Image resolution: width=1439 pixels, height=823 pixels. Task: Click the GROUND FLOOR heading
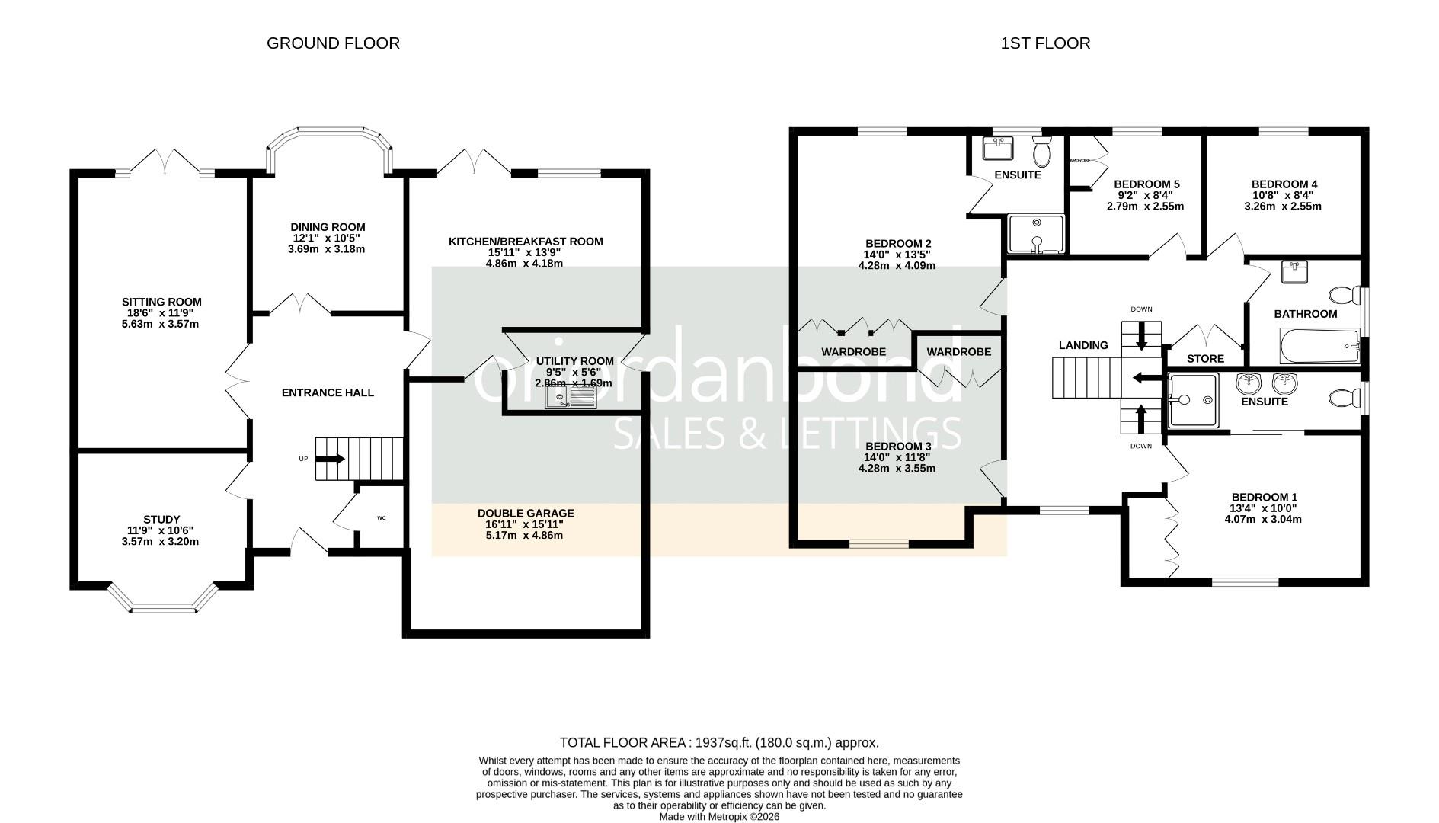click(x=333, y=43)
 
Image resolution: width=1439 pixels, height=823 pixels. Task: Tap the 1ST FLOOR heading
click(x=1045, y=43)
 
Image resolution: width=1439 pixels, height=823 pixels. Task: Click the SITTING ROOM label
click(x=161, y=302)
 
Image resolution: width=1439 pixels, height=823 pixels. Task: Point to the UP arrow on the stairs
click(x=330, y=459)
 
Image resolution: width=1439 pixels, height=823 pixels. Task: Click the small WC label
click(x=382, y=518)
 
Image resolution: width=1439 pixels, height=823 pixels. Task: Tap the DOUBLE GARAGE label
click(x=526, y=514)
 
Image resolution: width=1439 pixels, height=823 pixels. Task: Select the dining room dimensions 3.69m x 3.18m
click(x=328, y=249)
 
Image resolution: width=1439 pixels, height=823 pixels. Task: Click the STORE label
click(x=1205, y=359)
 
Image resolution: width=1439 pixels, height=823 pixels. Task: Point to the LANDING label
click(x=1083, y=345)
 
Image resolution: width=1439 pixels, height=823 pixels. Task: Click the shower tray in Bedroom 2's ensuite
click(x=1035, y=234)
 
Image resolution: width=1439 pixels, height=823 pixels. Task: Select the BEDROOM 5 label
click(x=1146, y=184)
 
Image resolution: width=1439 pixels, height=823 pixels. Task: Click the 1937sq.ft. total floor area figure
click(x=721, y=742)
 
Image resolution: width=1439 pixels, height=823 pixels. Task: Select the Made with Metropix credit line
click(x=719, y=816)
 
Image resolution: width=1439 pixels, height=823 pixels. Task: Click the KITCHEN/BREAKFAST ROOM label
click(x=526, y=242)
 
